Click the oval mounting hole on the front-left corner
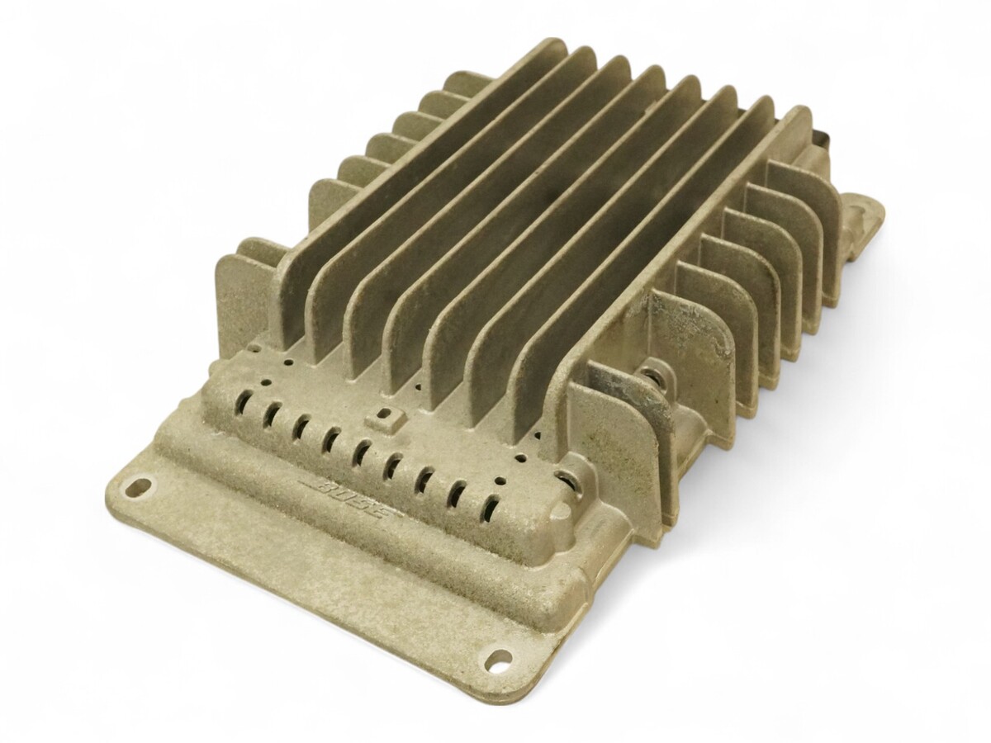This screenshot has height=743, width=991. coord(138,486)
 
